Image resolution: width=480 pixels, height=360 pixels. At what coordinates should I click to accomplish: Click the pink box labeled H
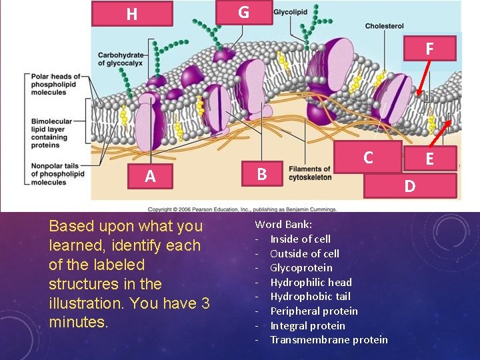pyautogui.click(x=132, y=14)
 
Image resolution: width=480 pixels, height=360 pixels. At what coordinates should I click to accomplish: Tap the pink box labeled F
pyautogui.click(x=429, y=48)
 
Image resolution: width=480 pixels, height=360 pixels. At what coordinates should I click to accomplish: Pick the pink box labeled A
pyautogui.click(x=150, y=176)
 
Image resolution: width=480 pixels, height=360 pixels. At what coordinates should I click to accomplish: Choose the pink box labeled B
pyautogui.click(x=263, y=175)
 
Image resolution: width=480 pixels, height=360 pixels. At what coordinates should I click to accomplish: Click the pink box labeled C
pyautogui.click(x=367, y=158)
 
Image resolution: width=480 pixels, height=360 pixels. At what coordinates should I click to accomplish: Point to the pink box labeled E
pyautogui.click(x=429, y=159)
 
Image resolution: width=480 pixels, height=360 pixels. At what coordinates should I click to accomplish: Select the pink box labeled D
pyautogui.click(x=410, y=185)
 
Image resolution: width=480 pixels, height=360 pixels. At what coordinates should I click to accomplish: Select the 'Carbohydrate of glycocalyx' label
pyautogui.click(x=124, y=59)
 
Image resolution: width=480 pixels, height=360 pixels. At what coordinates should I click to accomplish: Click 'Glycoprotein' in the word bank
pyautogui.click(x=301, y=267)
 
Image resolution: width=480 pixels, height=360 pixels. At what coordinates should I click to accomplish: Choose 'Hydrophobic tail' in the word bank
pyautogui.click(x=309, y=296)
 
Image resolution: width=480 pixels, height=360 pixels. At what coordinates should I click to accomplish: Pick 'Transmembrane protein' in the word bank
pyautogui.click(x=328, y=340)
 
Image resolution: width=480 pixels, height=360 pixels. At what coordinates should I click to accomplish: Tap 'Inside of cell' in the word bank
pyautogui.click(x=299, y=239)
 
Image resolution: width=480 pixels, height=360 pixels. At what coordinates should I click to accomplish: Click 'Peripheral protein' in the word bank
pyautogui.click(x=313, y=311)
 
